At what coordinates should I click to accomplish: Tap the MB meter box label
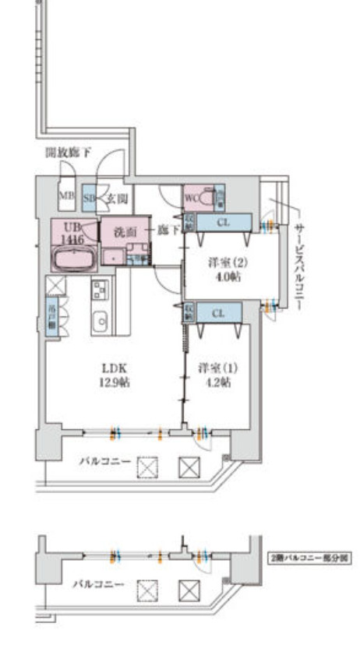point(66,198)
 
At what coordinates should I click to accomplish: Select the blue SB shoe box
point(89,198)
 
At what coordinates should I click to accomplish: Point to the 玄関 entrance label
point(117,199)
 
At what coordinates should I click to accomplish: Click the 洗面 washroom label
point(125,231)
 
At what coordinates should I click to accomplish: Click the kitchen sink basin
point(101,320)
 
